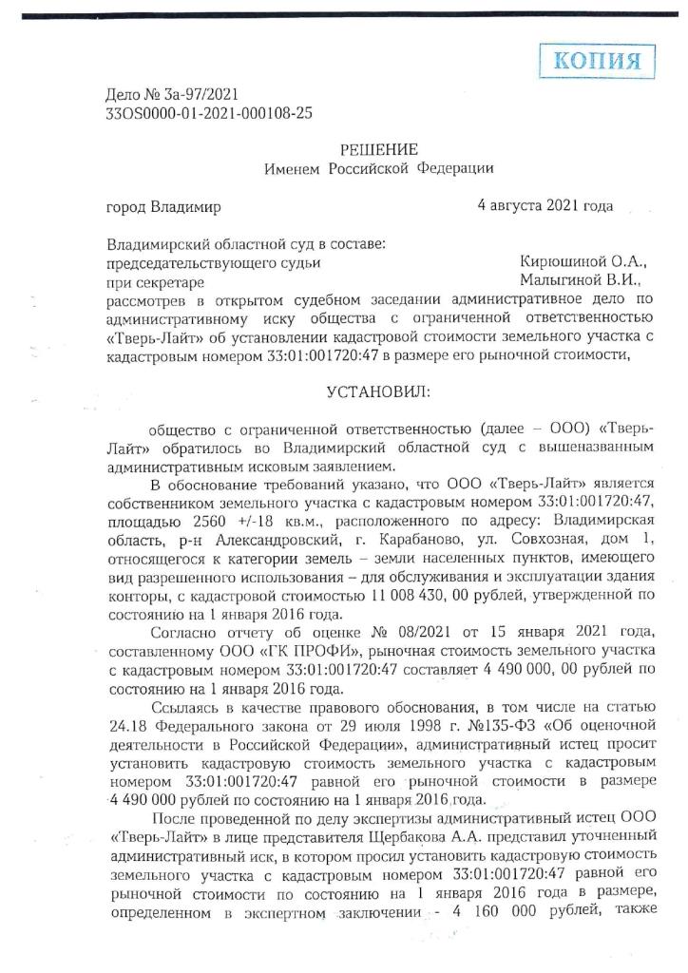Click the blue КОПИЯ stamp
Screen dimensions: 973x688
595,62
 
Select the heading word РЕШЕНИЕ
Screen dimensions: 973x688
378,149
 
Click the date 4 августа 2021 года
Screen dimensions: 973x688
545,205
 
